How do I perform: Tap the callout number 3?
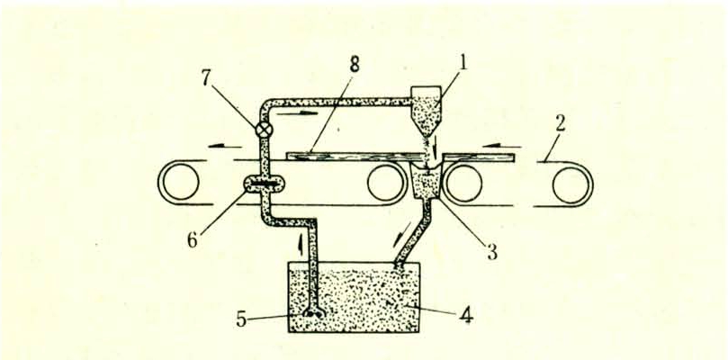click(491, 251)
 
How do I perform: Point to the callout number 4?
click(465, 316)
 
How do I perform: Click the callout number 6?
click(193, 240)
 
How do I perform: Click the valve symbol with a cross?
click(265, 130)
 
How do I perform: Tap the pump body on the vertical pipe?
click(265, 184)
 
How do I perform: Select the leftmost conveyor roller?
click(178, 182)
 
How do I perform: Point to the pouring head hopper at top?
click(427, 110)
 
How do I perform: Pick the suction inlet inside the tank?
click(314, 314)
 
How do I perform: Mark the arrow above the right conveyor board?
click(502, 146)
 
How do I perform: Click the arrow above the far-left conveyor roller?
click(225, 146)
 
